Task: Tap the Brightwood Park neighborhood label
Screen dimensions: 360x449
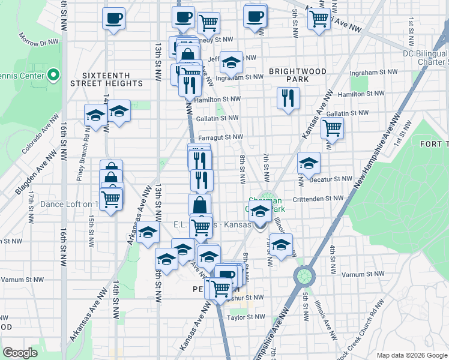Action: (x=297, y=75)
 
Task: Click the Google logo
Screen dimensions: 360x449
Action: (x=20, y=353)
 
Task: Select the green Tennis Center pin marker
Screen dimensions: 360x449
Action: (x=53, y=75)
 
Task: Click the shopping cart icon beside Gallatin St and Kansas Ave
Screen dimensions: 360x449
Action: (x=331, y=127)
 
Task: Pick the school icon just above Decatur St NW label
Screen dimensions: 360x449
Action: (x=309, y=163)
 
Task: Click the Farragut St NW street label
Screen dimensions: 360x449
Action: (x=220, y=137)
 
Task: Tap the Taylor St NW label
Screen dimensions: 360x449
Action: (x=246, y=316)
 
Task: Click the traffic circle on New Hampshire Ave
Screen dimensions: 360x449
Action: (x=304, y=277)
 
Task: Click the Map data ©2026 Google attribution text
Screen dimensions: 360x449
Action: (x=411, y=354)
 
